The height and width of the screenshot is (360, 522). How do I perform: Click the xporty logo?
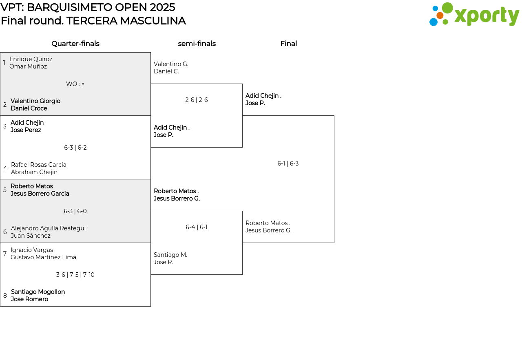pyautogui.click(x=474, y=15)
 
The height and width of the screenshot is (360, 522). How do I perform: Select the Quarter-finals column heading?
pyautogui.click(x=75, y=44)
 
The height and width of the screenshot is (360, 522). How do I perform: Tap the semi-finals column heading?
pyautogui.click(x=197, y=44)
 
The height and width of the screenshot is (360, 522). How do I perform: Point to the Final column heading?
pyautogui.click(x=288, y=44)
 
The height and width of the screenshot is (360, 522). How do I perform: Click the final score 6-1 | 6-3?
pyautogui.click(x=288, y=163)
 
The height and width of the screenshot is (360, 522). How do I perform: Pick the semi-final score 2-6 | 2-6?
pyautogui.click(x=197, y=100)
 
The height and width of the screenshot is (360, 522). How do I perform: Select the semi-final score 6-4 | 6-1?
pyautogui.click(x=197, y=227)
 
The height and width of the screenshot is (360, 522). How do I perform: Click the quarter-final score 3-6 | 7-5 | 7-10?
pyautogui.click(x=75, y=275)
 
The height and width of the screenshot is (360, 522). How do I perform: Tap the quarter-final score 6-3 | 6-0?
pyautogui.click(x=75, y=211)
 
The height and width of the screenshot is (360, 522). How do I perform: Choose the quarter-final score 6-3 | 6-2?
pyautogui.click(x=75, y=148)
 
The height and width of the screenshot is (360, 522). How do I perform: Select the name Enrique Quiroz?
pyautogui.click(x=31, y=59)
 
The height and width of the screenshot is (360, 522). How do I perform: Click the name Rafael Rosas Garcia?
pyautogui.click(x=39, y=165)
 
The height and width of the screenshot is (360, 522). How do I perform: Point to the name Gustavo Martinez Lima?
pyautogui.click(x=43, y=257)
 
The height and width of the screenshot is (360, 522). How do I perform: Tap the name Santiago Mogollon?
pyautogui.click(x=38, y=292)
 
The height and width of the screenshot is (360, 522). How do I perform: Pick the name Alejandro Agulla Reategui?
pyautogui.click(x=48, y=228)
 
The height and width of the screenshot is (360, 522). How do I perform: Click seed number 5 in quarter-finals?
pyautogui.click(x=5, y=190)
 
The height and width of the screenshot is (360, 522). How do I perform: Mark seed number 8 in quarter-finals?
pyautogui.click(x=5, y=296)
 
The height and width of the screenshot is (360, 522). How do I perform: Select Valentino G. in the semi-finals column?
pyautogui.click(x=171, y=64)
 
